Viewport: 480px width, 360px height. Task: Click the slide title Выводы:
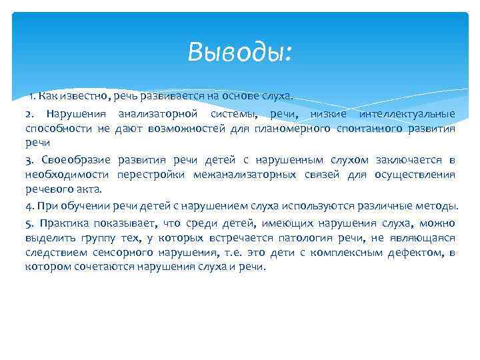coord(240,51)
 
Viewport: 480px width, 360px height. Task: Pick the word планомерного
coord(291,128)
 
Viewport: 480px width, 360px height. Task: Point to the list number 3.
coord(29,160)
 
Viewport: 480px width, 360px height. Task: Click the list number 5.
coord(29,223)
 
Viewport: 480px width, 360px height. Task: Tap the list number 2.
coord(29,114)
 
